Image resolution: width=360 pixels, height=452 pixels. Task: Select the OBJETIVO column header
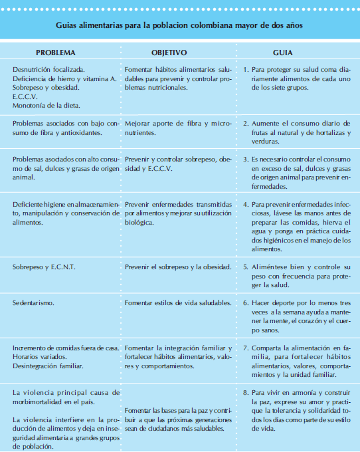(169, 52)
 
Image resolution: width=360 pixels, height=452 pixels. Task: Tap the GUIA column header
(284, 52)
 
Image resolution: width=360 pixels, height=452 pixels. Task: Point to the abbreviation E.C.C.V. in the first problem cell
(26, 96)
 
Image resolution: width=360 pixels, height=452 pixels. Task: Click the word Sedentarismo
(35, 302)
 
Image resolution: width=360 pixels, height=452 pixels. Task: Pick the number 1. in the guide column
(246, 69)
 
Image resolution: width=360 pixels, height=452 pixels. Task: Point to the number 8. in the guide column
(246, 392)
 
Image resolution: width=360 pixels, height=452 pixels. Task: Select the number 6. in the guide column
(246, 302)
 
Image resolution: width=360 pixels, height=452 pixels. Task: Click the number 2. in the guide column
(246, 124)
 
